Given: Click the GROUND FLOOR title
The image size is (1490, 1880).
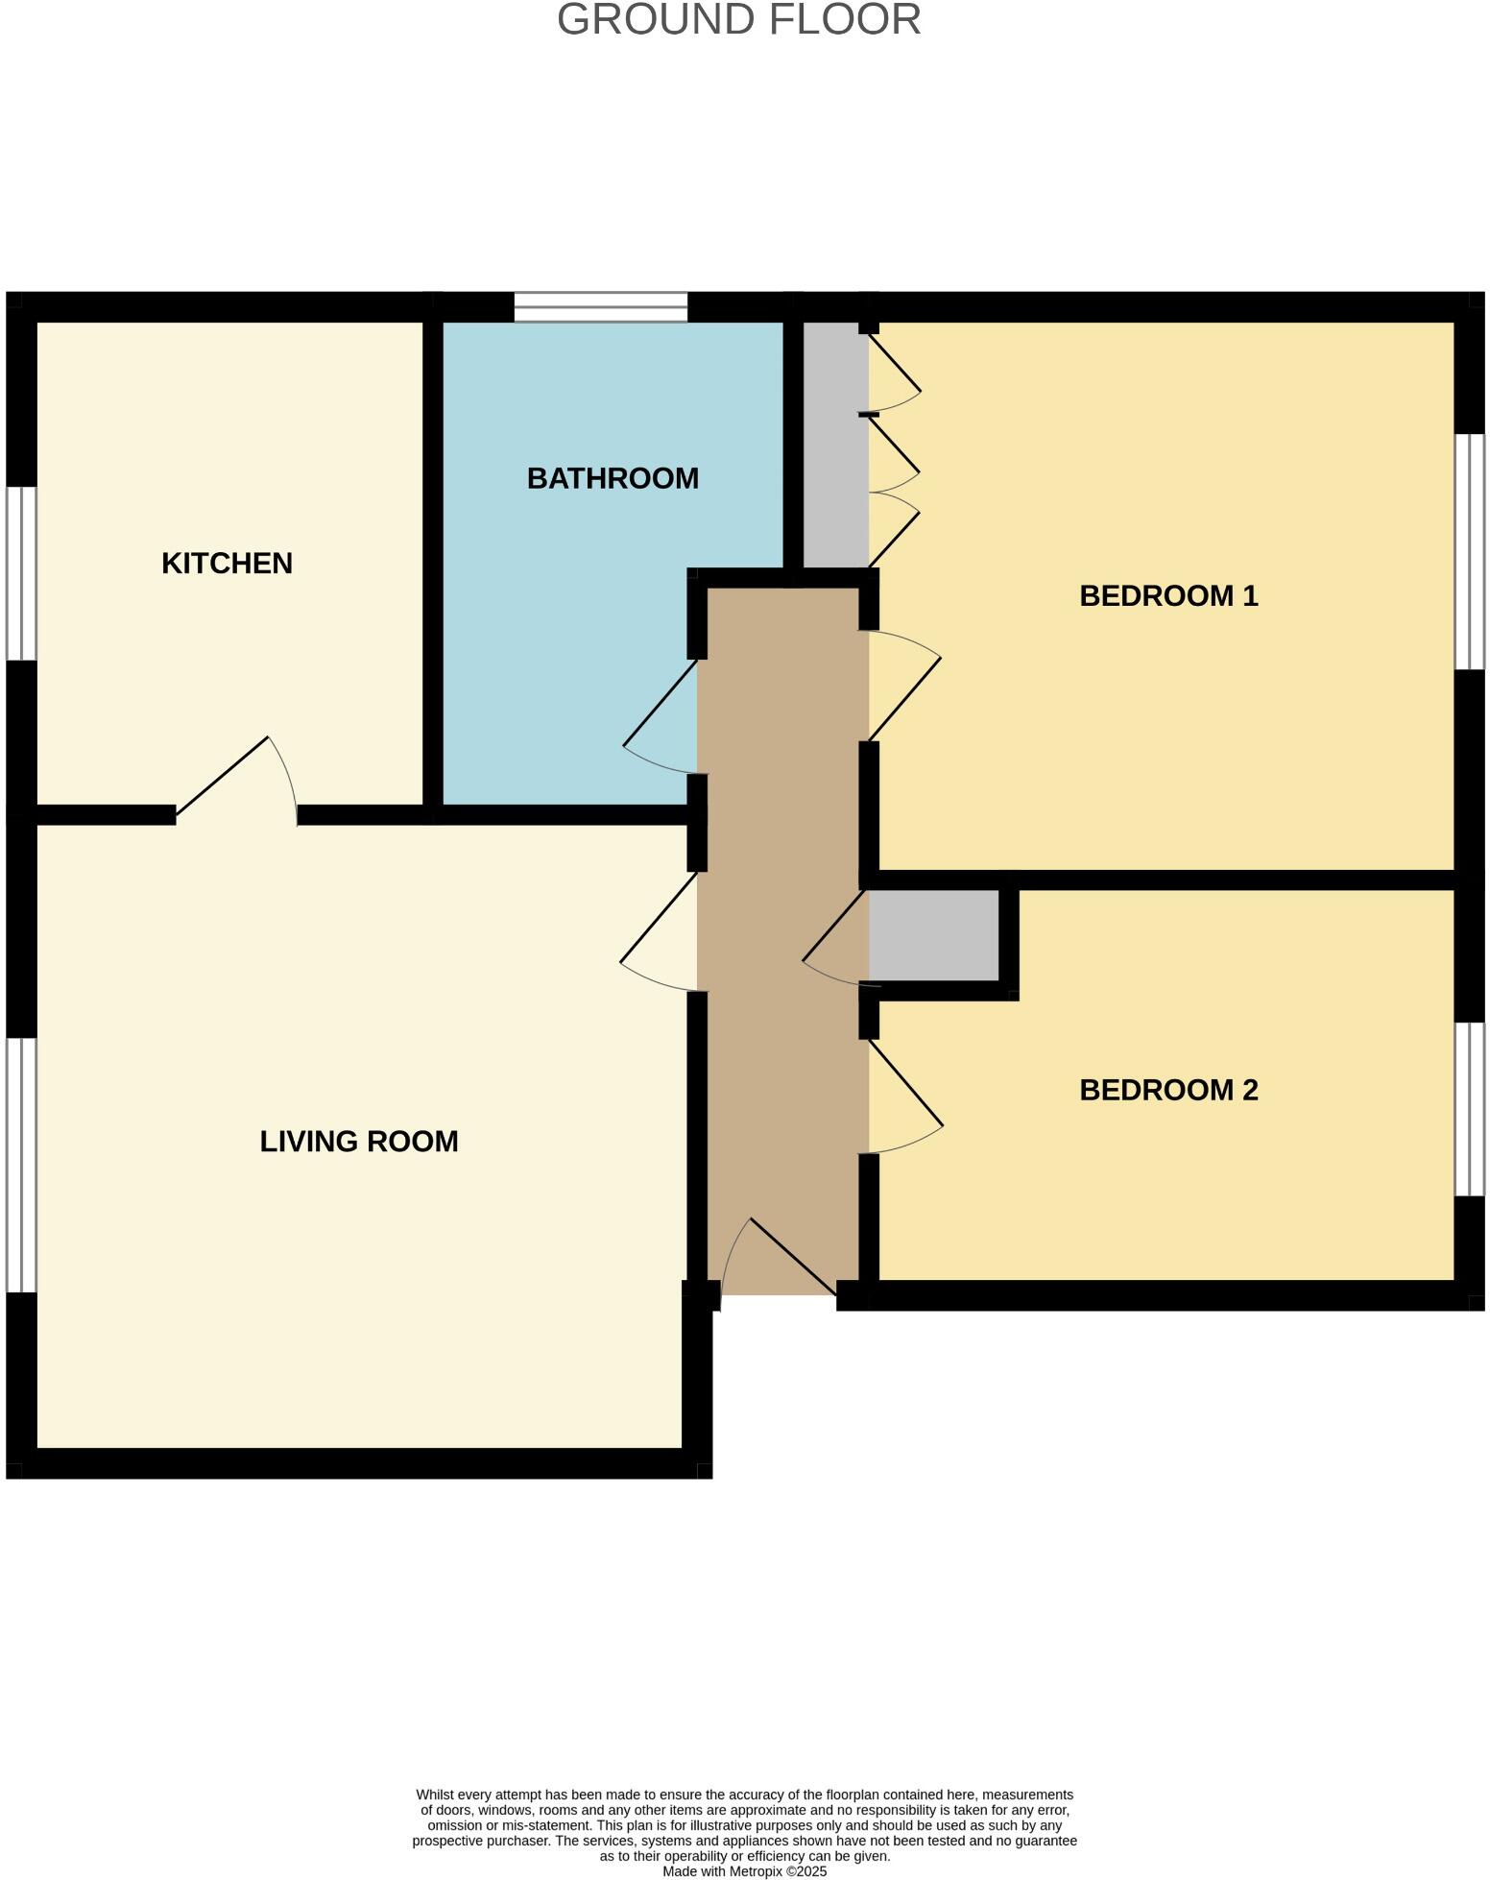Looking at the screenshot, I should (x=738, y=19).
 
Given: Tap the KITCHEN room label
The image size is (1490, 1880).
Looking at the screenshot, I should (x=227, y=564).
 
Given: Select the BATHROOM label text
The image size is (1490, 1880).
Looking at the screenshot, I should (x=613, y=478).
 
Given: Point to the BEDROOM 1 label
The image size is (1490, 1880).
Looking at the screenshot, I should (x=1167, y=596).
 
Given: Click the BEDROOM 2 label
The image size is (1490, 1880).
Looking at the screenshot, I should (x=1167, y=1090).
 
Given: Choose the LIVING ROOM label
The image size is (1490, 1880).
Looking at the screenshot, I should (x=359, y=1142).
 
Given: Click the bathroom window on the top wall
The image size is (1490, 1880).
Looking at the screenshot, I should (x=601, y=306).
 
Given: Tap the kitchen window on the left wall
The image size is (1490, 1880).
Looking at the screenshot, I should (x=21, y=573).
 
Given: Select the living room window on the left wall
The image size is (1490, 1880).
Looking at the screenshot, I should (x=21, y=1165).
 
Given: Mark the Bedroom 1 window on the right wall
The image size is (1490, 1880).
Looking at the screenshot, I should (x=1469, y=551).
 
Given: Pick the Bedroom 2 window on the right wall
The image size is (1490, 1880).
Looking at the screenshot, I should (x=1469, y=1109).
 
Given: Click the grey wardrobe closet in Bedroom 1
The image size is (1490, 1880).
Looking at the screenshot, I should (x=835, y=444).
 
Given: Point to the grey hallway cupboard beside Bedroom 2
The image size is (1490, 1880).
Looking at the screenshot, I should (x=932, y=935).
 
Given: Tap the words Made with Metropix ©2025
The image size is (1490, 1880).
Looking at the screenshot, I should (x=744, y=1871).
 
